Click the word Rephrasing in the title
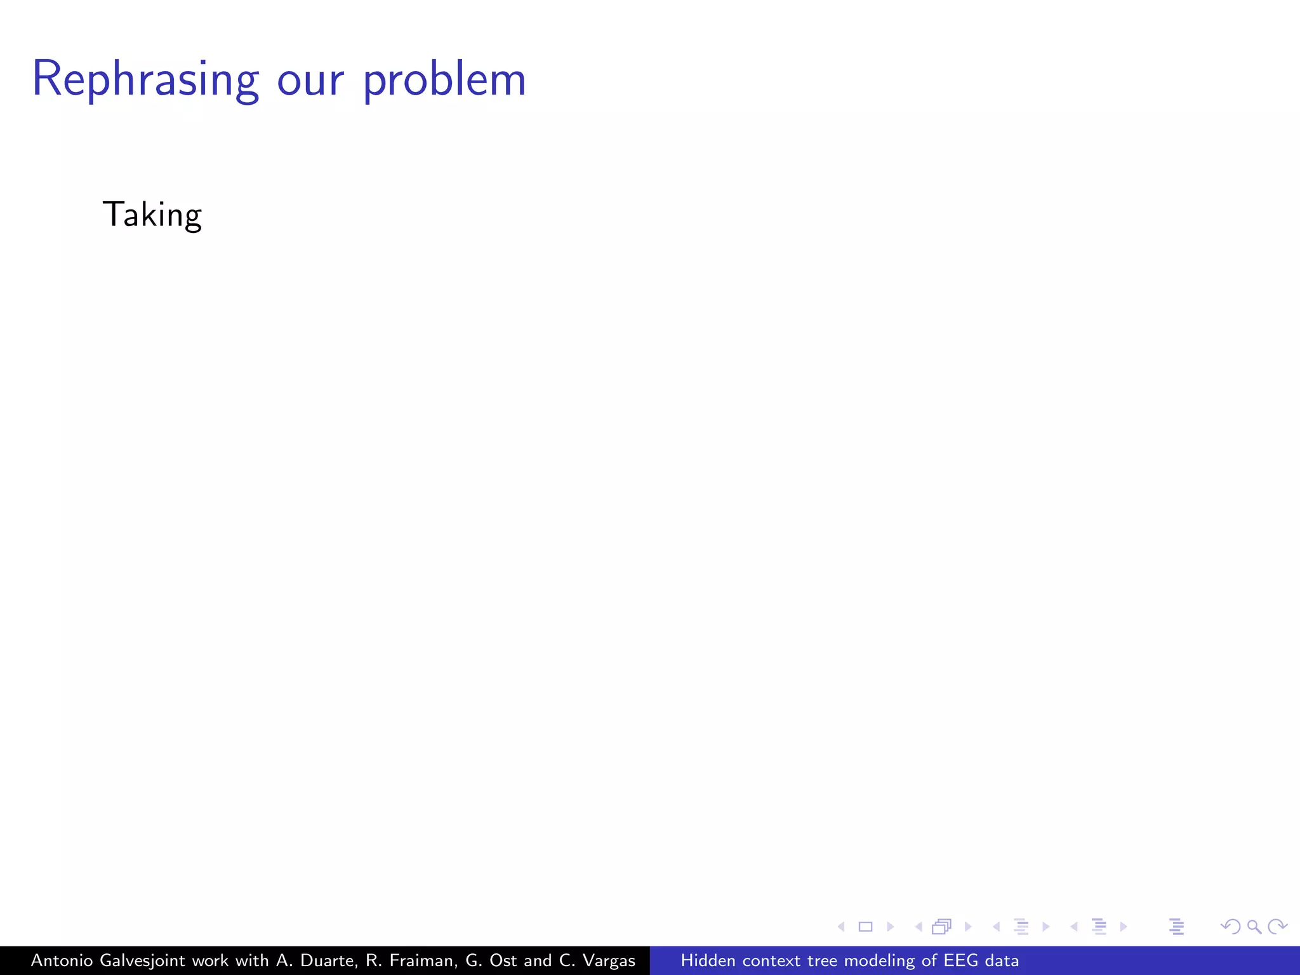[x=145, y=80]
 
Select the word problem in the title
[x=444, y=80]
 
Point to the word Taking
[x=152, y=215]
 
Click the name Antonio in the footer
[x=62, y=960]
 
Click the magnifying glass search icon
[x=1254, y=927]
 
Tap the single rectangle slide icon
[x=865, y=927]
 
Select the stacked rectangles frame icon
[x=942, y=927]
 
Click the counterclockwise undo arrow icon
[x=1230, y=927]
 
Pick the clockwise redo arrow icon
[x=1277, y=927]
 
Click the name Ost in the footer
[x=503, y=960]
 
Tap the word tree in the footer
[x=822, y=960]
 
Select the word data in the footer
[x=1002, y=960]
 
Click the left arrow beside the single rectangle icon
[x=842, y=927]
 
